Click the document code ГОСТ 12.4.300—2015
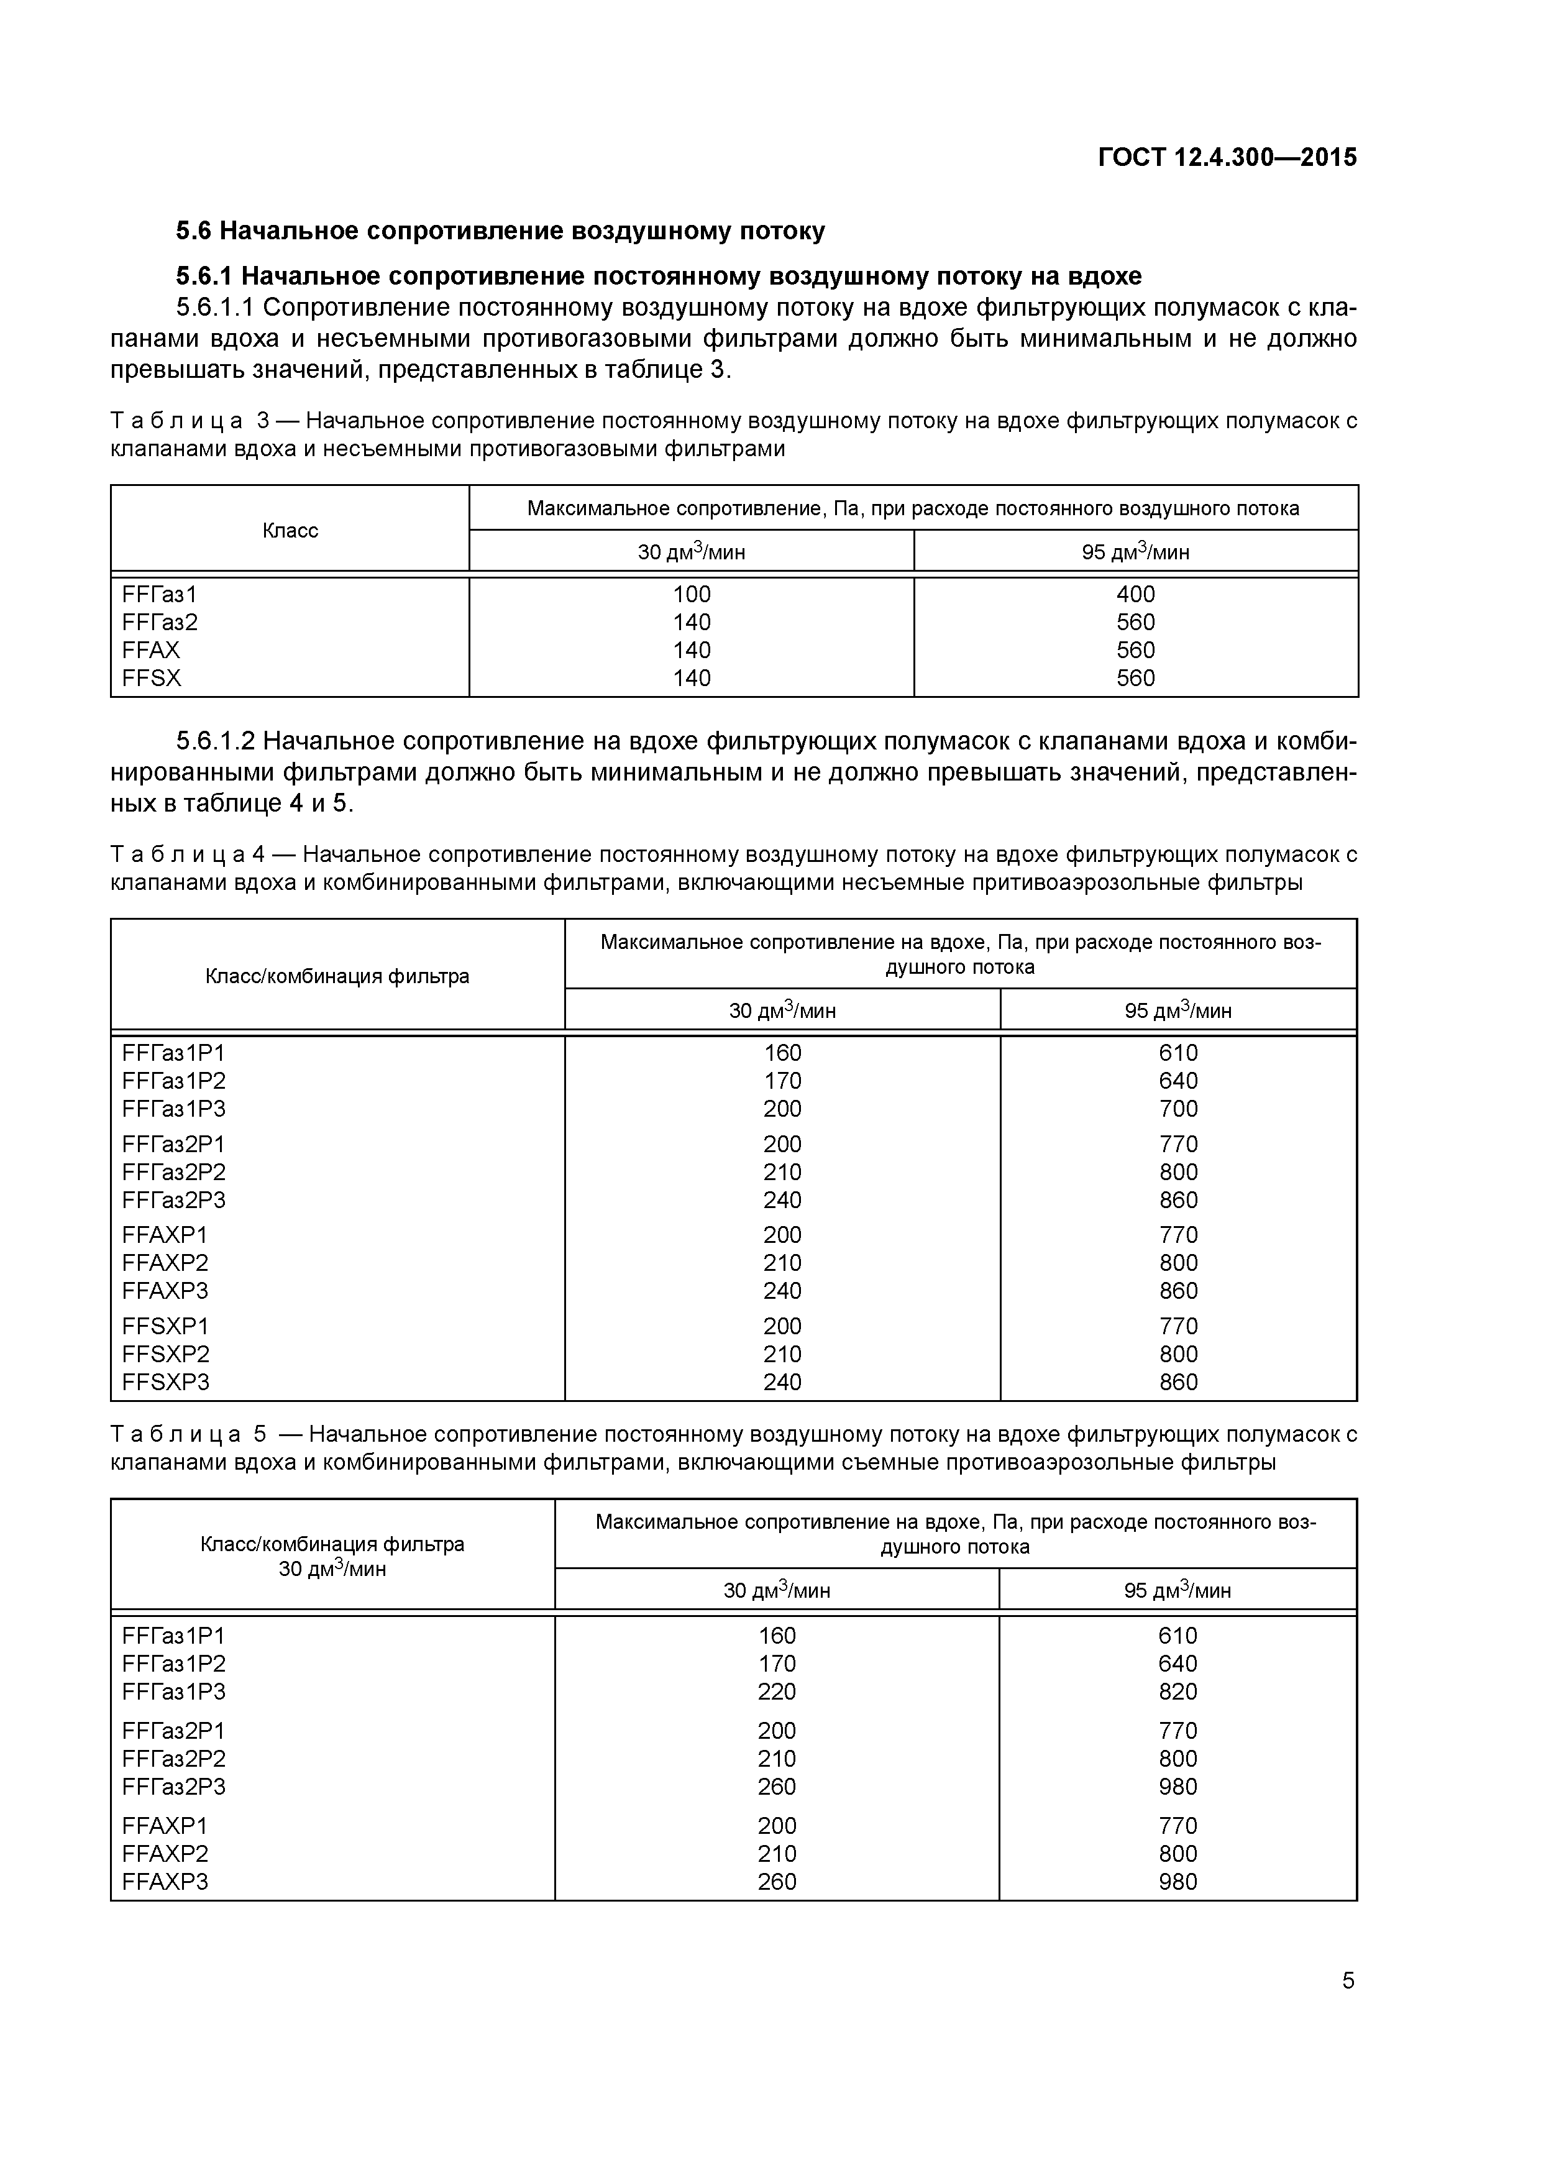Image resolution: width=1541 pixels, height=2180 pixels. click(x=1227, y=158)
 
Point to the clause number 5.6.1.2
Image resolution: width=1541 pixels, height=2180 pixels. click(x=214, y=741)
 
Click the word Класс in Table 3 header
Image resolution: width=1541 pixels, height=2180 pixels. click(x=290, y=531)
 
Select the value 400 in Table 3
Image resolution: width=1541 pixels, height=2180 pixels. click(x=1136, y=594)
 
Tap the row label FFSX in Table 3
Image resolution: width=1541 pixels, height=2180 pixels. click(x=151, y=678)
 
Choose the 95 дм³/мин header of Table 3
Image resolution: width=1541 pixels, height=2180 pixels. click(x=1136, y=552)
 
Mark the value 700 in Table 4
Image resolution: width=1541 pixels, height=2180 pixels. click(x=1178, y=1109)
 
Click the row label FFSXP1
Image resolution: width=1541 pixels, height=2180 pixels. click(x=165, y=1326)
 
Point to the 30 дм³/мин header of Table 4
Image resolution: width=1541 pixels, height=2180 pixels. click(x=782, y=1010)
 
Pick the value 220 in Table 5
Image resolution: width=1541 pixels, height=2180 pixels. click(x=777, y=1691)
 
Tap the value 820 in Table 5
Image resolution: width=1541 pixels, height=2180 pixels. click(x=1178, y=1691)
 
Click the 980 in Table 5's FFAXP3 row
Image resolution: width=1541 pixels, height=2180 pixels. click(x=1178, y=1881)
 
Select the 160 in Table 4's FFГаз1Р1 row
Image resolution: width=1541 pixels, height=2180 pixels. click(x=782, y=1053)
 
